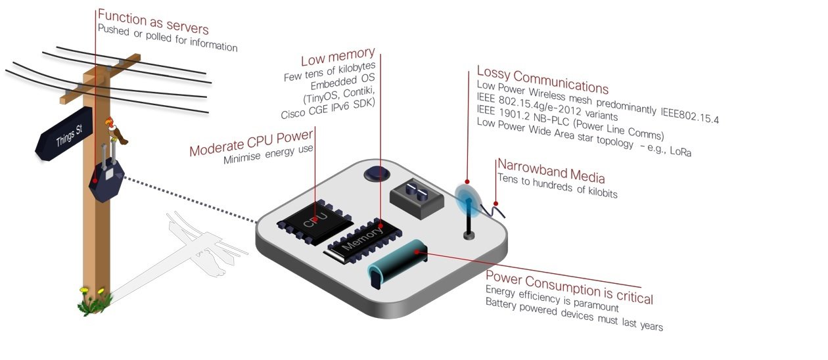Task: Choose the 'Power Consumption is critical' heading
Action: coord(568,286)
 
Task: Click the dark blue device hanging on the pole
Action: coord(105,181)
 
